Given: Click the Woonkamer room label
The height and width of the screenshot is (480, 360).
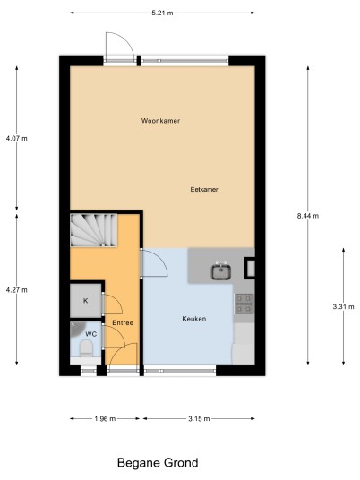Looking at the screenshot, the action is pos(160,121).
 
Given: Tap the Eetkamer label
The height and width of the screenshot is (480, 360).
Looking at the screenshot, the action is pos(204,190).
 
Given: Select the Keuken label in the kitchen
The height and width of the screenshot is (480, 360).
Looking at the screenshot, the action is pos(194,319).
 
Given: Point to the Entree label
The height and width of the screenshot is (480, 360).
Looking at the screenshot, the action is pos(123,323).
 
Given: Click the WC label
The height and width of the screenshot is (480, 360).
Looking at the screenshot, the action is pos(91,334).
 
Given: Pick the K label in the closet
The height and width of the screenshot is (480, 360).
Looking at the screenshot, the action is pos(86,301).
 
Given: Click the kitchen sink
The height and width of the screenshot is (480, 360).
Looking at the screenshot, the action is pos(220,271).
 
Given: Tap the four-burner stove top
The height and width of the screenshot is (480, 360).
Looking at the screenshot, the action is pos(244,304).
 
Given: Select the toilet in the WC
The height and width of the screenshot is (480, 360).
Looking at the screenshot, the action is pos(86,348).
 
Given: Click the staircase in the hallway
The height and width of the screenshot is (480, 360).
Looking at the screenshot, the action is pos(94,230).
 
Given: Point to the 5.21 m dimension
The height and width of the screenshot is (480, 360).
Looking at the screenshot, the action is pos(162,13).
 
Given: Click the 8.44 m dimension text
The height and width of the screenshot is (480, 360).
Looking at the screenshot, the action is pos(308,216).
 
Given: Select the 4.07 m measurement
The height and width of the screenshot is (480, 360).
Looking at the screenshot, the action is pos(16,139).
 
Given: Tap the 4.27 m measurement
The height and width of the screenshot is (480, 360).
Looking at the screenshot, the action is pos(16,290).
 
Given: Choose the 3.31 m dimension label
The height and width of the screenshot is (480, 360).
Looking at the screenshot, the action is pos(344,307).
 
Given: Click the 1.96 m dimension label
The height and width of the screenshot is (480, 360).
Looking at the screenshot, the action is pos(105,419).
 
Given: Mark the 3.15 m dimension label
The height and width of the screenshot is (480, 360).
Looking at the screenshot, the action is pos(199,419).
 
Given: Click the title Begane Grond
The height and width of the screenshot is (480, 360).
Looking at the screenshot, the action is pos(158,463).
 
